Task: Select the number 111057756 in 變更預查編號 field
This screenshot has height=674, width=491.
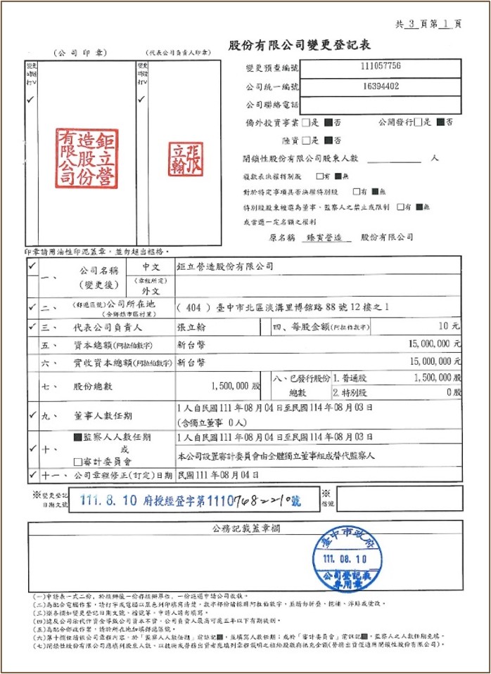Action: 380,67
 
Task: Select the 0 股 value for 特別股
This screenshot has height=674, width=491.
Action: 453,393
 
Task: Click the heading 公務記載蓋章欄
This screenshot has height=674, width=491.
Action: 245,527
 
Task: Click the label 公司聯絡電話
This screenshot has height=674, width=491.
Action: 272,105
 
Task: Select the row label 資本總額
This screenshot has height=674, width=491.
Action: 94,346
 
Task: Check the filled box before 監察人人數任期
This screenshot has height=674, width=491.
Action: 78,437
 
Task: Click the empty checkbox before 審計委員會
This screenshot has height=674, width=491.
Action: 78,461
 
